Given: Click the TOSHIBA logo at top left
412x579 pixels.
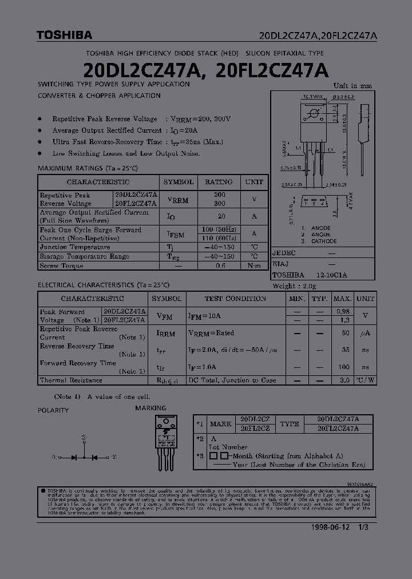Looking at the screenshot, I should click(64, 35).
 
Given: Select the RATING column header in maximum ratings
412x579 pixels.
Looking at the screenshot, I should click(219, 182).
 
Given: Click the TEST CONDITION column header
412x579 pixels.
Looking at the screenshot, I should click(235, 299).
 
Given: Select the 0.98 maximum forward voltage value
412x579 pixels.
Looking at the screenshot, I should click(342, 311).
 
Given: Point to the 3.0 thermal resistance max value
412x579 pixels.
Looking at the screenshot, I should click(344, 380).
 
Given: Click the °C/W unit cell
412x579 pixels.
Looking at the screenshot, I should click(365, 380).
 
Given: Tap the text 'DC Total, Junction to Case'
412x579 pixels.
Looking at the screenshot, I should click(232, 380).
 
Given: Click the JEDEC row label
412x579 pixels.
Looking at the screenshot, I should click(284, 253).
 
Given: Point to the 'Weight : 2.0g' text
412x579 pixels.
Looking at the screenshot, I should click(294, 286).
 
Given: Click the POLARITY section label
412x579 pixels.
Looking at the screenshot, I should click(53, 410).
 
